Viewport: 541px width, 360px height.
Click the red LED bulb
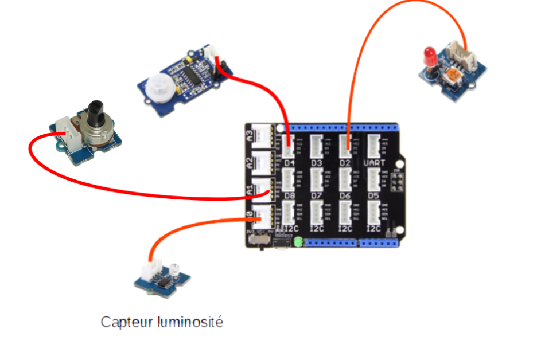[x=429, y=56]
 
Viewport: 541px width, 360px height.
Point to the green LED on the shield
[x=298, y=242]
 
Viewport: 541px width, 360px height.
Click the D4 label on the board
[x=290, y=163]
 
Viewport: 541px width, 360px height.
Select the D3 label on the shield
[x=317, y=163]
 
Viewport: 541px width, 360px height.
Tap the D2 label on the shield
[x=345, y=163]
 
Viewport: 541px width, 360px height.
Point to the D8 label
[x=290, y=196]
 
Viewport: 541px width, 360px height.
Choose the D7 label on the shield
[x=317, y=196]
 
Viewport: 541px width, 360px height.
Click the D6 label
[x=345, y=196]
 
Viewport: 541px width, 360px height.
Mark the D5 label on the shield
[x=373, y=196]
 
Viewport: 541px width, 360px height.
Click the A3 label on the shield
[x=249, y=136]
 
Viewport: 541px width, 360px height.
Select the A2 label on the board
[x=249, y=162]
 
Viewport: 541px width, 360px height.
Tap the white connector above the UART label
[x=375, y=147]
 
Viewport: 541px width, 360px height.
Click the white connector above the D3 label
[x=317, y=147]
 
